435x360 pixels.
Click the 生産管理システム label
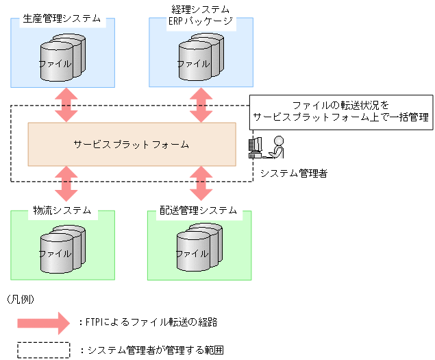(x=62, y=19)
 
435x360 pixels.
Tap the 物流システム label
(x=62, y=211)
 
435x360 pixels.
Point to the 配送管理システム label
(x=199, y=211)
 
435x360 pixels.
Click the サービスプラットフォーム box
(x=132, y=144)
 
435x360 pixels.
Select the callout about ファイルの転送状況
(x=340, y=111)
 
